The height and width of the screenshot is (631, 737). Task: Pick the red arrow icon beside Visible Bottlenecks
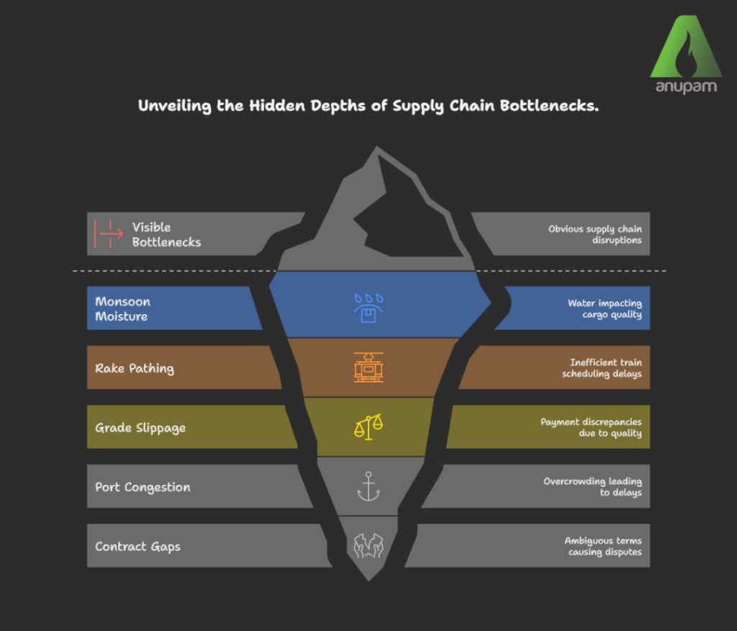[x=109, y=234]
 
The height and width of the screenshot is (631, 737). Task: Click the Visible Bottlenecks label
[x=166, y=235]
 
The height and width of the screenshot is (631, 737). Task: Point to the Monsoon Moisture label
[x=122, y=308]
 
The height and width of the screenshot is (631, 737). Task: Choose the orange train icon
[x=368, y=367]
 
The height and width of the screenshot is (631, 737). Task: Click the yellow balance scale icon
[x=368, y=426]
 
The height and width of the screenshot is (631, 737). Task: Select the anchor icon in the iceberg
[x=368, y=486]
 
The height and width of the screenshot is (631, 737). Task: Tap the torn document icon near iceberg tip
[x=368, y=545]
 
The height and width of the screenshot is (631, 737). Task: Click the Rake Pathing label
[x=135, y=368]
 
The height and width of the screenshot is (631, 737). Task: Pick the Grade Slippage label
[x=140, y=428]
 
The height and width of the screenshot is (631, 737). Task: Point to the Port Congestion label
[x=143, y=487]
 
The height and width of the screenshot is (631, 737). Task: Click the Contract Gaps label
[x=137, y=547]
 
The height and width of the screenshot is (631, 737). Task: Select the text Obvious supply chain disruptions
[x=594, y=235]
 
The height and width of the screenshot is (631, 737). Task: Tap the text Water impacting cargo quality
[x=605, y=309]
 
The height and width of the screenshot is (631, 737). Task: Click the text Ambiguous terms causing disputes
[x=602, y=547]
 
